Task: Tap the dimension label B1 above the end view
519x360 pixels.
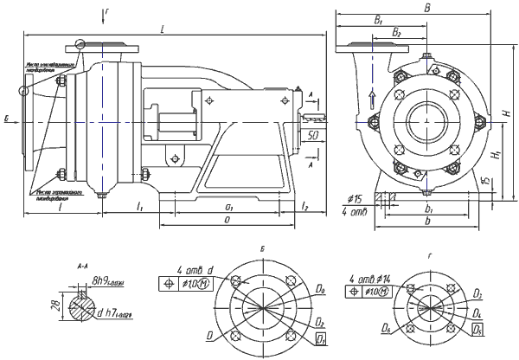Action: [378, 20]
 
